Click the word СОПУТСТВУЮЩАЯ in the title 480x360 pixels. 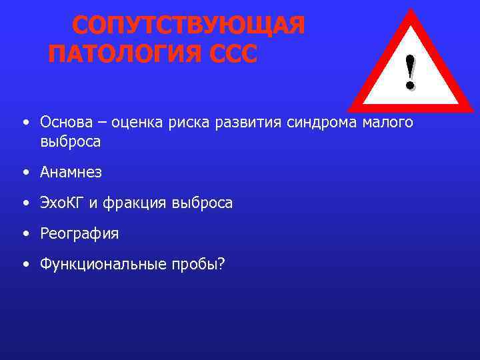click(189, 25)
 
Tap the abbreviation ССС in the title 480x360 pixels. click(231, 54)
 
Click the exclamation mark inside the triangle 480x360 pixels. click(410, 73)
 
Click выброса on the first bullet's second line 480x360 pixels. click(70, 141)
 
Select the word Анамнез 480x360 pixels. click(71, 173)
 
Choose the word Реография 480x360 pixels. click(79, 234)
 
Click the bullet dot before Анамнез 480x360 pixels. click(25, 173)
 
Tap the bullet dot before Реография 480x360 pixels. click(25, 234)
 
